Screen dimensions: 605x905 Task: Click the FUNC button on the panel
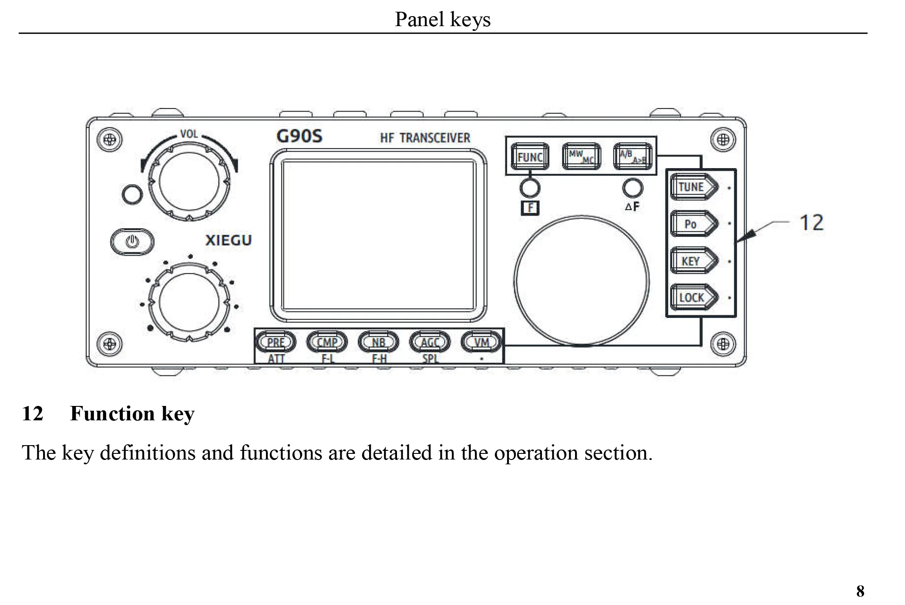[x=529, y=157]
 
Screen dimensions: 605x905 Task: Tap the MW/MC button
[x=581, y=157]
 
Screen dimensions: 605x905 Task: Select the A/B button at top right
[x=632, y=157]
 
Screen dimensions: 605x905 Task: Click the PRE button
[x=276, y=342]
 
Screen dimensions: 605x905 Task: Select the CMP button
[x=327, y=342]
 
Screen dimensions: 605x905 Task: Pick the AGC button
[x=430, y=342]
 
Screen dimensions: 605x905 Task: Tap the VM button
[x=481, y=342]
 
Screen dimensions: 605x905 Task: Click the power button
[x=132, y=241]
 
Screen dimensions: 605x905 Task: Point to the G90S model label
[x=299, y=136]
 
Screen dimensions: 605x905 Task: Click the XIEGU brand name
[x=228, y=240]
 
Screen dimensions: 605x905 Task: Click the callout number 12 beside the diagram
[x=811, y=223]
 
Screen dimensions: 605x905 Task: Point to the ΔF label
[x=632, y=207]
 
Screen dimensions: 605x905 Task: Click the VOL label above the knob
[x=189, y=134]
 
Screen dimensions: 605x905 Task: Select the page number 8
[x=860, y=591]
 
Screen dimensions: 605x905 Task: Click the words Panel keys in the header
[x=442, y=19]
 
